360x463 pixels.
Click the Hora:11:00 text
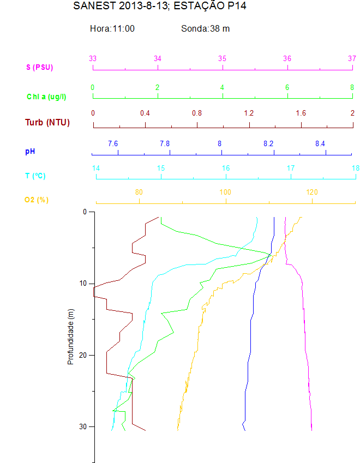pyautogui.click(x=112, y=28)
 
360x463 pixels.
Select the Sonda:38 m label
pyautogui.click(x=205, y=28)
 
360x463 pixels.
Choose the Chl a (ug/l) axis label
pyautogui.click(x=46, y=97)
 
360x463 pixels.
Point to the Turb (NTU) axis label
pyautogui.click(x=47, y=122)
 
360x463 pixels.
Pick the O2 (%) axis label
pyautogui.click(x=37, y=200)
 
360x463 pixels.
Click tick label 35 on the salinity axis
pyautogui.click(x=223, y=58)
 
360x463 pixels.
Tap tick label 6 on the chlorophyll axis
pyautogui.click(x=287, y=87)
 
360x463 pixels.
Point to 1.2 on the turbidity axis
pyautogui.click(x=249, y=113)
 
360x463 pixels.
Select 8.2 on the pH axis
pyautogui.click(x=268, y=143)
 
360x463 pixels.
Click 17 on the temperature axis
pyautogui.click(x=291, y=168)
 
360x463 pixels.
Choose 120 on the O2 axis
pyautogui.click(x=312, y=192)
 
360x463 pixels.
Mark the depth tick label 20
pyautogui.click(x=83, y=355)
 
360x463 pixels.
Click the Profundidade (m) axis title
pyautogui.click(x=70, y=335)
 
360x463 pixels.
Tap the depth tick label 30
pyautogui.click(x=83, y=426)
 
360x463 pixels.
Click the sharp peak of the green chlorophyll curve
pyautogui.click(x=270, y=254)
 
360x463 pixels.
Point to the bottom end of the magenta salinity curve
pyautogui.click(x=311, y=430)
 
